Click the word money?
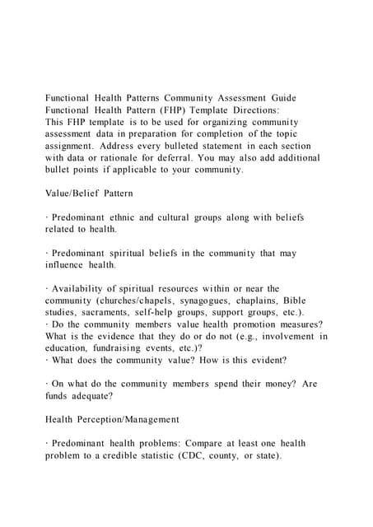coord(281,385)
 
